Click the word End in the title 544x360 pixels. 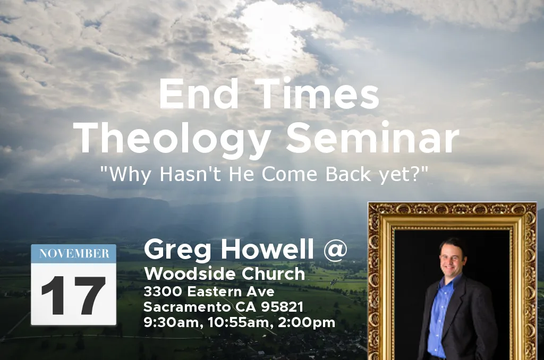click(x=199, y=93)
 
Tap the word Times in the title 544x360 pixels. click(x=319, y=93)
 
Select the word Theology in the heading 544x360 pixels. click(x=172, y=139)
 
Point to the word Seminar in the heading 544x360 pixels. click(x=372, y=138)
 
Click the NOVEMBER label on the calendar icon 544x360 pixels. click(x=74, y=253)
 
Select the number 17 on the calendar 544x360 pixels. click(x=73, y=296)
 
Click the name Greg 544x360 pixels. click(x=177, y=250)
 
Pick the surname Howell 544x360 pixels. click(x=267, y=249)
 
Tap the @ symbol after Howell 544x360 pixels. click(x=335, y=250)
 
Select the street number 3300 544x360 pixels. click(x=163, y=292)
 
